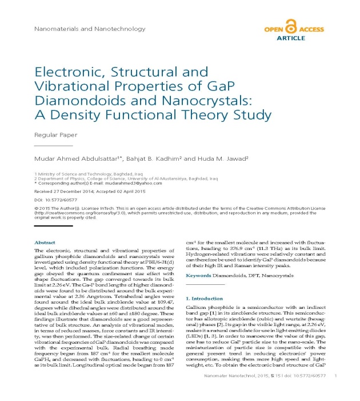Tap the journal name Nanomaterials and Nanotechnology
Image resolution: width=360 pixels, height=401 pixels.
(76, 28)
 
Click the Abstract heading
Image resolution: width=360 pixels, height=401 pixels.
(45, 243)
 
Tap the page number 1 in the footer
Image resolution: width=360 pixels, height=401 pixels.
(335, 391)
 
